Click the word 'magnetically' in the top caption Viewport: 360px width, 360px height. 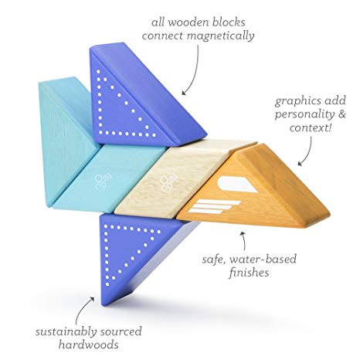(221, 36)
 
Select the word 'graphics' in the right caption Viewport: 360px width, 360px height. (297, 101)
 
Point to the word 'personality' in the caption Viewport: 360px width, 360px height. (304, 115)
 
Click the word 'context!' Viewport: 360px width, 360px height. (310, 127)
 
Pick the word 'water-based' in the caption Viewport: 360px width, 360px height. (263, 259)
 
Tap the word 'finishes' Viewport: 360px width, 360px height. (249, 273)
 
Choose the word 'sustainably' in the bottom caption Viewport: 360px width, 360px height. (66, 332)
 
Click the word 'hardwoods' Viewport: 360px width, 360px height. (88, 345)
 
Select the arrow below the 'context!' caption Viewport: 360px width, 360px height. (307, 152)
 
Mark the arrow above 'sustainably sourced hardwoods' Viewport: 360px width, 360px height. (82, 309)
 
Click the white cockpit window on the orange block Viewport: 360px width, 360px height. (238, 184)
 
